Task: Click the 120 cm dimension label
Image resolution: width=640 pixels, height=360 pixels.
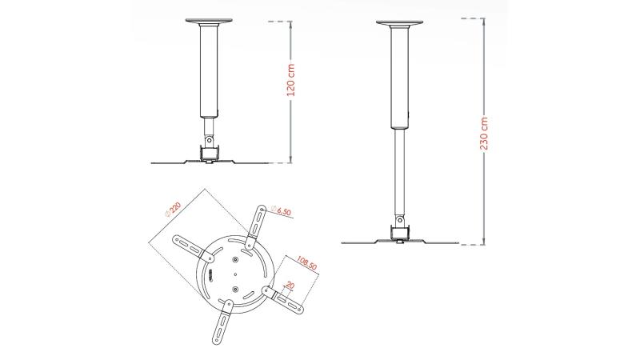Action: (x=291, y=80)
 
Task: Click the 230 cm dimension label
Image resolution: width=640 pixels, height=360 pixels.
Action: (x=484, y=133)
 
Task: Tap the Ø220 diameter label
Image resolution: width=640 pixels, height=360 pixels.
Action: (x=172, y=209)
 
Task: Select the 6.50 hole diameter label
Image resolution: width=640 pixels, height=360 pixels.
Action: (x=282, y=210)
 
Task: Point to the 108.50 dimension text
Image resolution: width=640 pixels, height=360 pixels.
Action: (x=307, y=263)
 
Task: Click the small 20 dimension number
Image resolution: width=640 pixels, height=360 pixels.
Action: (x=290, y=286)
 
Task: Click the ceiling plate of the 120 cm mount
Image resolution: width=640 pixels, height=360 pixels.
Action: (x=209, y=21)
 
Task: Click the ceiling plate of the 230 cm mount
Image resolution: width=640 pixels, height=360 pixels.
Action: (x=399, y=22)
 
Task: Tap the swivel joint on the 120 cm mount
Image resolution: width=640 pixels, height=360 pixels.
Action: (x=209, y=139)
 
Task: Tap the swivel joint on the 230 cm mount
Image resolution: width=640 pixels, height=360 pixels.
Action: (x=399, y=221)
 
